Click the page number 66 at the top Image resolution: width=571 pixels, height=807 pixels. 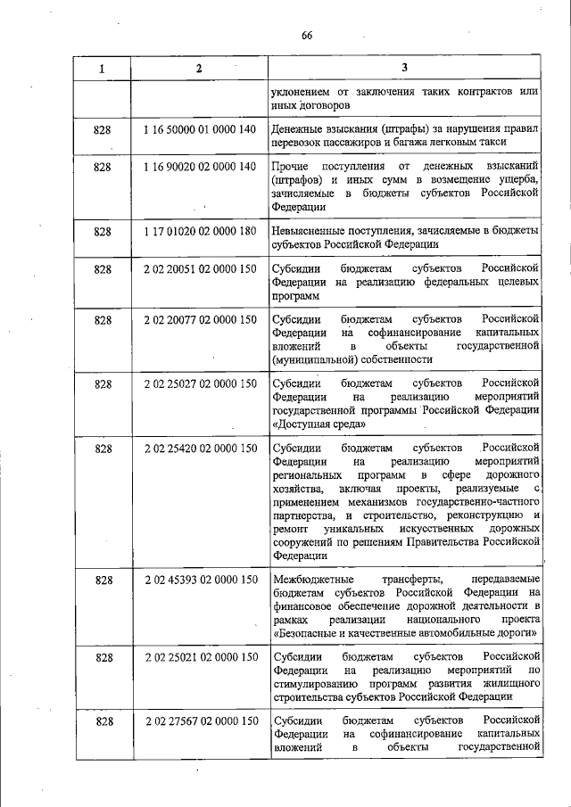click(306, 36)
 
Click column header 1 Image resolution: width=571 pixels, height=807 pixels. click(102, 68)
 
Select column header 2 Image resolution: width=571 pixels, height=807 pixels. click(199, 68)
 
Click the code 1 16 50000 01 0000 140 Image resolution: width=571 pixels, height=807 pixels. click(200, 130)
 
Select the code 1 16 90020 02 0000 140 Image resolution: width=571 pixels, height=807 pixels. click(200, 167)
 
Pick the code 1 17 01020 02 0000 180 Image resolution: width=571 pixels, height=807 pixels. click(200, 231)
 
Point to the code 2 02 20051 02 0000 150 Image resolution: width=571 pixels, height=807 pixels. click(200, 268)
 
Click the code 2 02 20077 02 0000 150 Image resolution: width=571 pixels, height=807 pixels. click(200, 319)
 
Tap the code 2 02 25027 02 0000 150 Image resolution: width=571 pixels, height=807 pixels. click(200, 383)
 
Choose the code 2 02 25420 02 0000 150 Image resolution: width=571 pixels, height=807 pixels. click(200, 447)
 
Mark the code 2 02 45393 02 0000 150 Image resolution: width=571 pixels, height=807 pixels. click(200, 581)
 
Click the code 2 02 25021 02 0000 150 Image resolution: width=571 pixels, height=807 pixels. click(200, 657)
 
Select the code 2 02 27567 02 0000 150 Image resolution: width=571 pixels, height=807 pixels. click(200, 721)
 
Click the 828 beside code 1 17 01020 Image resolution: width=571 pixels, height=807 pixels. click(102, 231)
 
